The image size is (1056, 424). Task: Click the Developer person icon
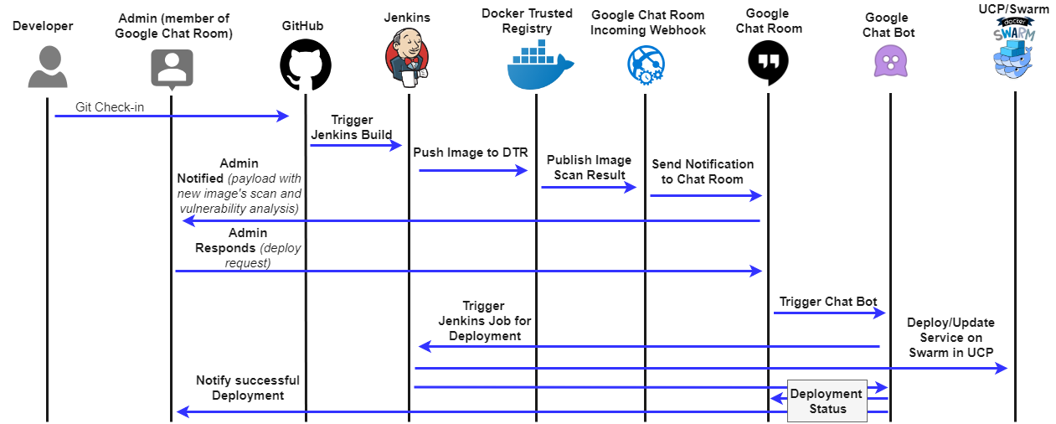[x=47, y=67]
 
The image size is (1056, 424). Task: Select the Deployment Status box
[x=826, y=401]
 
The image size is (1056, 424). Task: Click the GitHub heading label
[x=303, y=26]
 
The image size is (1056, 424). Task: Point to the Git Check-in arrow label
[x=109, y=107]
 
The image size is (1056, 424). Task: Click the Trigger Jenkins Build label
[x=352, y=127]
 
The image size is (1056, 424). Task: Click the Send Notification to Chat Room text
[x=703, y=171]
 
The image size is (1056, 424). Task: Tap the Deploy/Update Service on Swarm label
[x=950, y=337]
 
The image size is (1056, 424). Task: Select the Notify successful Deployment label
[x=247, y=388]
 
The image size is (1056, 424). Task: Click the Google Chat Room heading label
[x=768, y=21]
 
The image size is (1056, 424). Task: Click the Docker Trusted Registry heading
[x=528, y=21]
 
